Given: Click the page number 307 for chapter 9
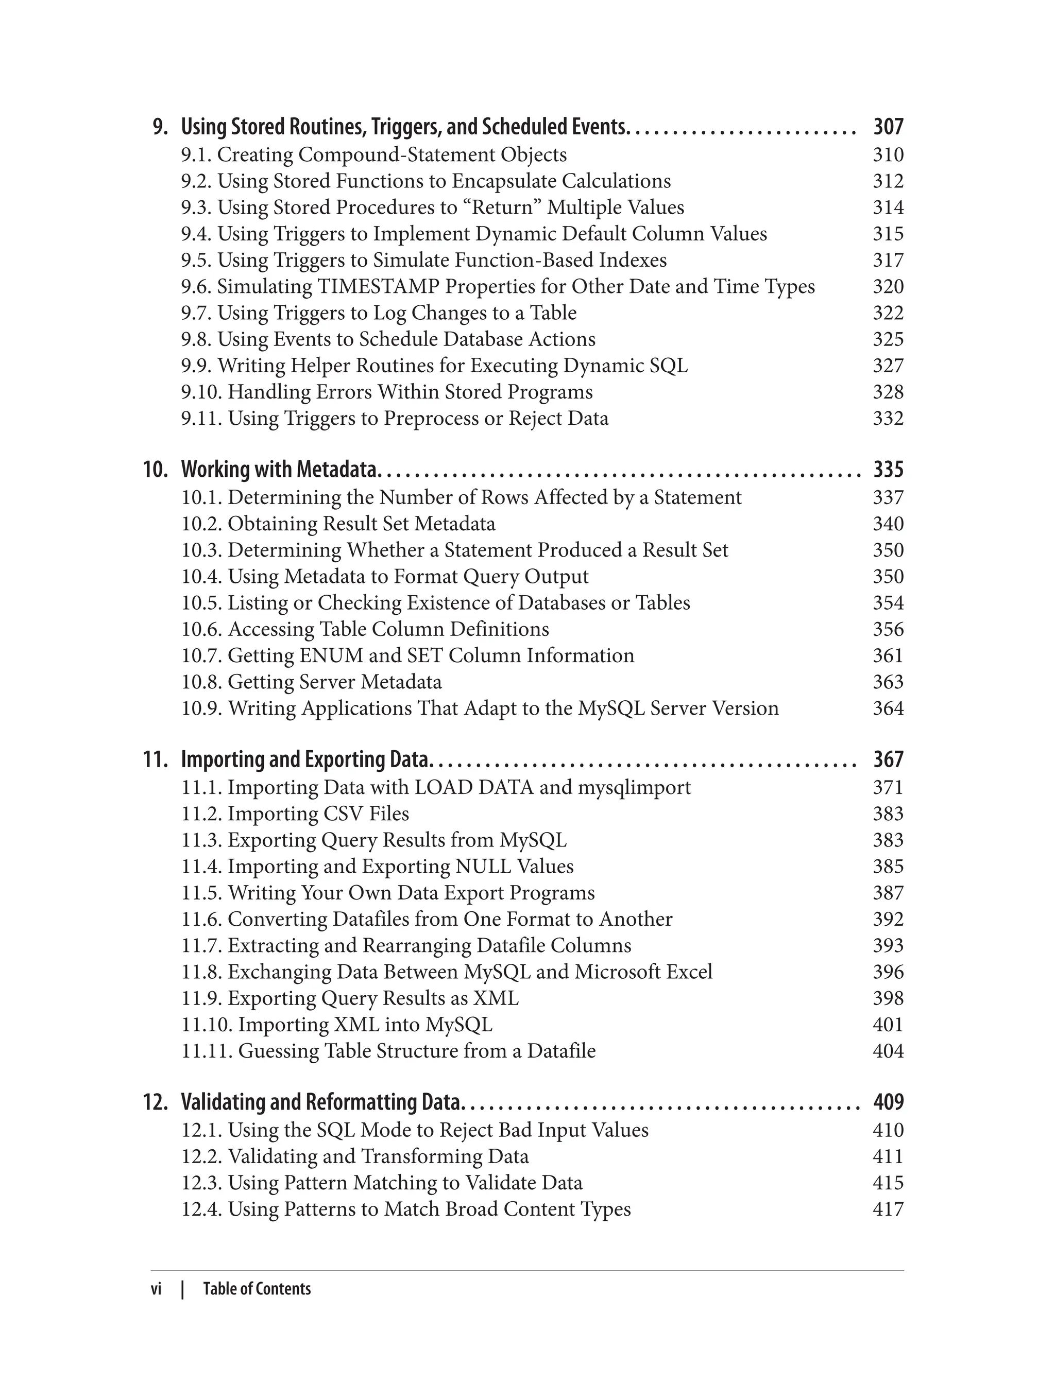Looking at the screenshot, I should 888,127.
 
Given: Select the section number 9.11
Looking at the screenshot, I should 201,419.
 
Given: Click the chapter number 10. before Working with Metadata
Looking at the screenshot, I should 156,470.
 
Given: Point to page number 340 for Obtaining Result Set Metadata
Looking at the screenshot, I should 888,524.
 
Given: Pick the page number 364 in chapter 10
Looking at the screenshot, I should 888,708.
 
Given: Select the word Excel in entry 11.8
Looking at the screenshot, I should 689,972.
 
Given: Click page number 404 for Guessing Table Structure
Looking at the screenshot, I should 888,1051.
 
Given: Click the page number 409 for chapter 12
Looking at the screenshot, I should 888,1102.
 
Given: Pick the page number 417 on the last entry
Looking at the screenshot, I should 888,1209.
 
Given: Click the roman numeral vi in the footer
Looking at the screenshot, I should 157,1289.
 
